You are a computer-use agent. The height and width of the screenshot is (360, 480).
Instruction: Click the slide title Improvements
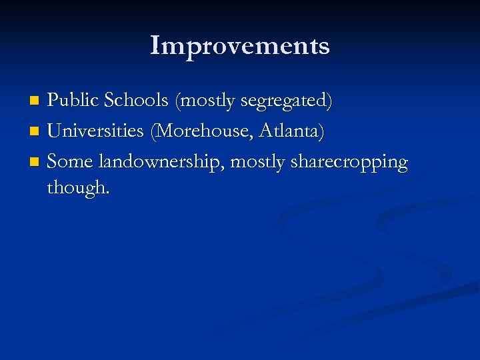pos(240,46)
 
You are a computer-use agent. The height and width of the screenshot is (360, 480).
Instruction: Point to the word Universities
pos(96,131)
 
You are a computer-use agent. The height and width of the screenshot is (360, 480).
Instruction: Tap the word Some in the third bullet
pos(69,161)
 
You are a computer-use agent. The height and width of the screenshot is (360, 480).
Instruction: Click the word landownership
pos(161,162)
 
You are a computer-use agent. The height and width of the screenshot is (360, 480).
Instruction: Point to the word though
pos(75,188)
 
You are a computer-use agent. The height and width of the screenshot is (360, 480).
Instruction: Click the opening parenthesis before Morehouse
pos(154,132)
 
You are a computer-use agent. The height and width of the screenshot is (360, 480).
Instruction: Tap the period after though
pos(107,193)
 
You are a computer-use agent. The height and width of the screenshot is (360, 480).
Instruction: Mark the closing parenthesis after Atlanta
pos(323,132)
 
